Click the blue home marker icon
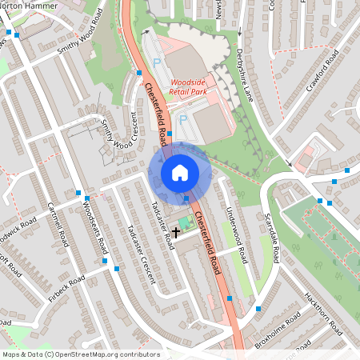click(x=180, y=172)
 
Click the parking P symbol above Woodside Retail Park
click(x=157, y=62)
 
